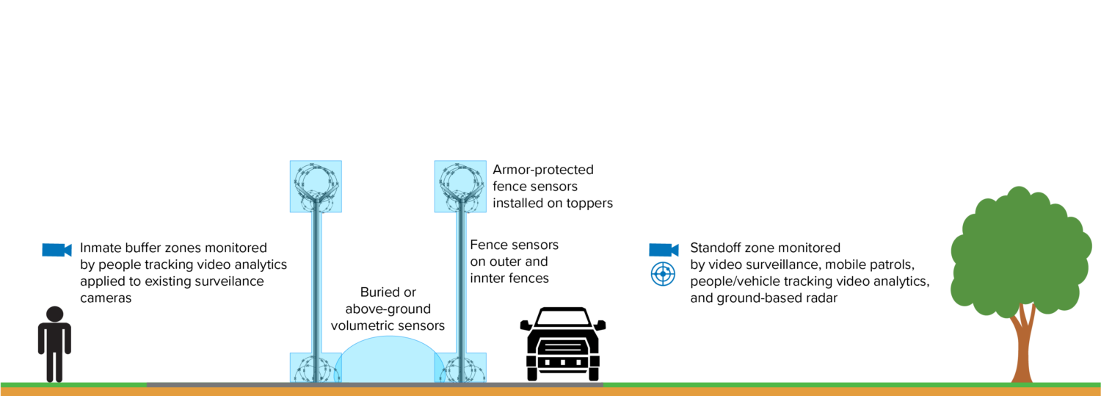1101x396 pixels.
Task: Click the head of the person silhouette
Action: pos(54,314)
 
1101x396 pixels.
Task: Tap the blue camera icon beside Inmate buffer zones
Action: pos(56,250)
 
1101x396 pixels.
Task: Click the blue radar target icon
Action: pos(663,274)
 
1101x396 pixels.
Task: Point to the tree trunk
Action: pos(1022,345)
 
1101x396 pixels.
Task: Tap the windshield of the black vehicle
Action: pos(563,318)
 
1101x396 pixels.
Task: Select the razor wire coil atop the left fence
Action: pos(316,184)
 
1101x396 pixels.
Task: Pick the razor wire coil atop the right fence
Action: pos(460,184)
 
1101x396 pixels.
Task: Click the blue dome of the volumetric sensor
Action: pos(388,360)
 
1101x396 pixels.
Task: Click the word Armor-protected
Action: pos(543,170)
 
